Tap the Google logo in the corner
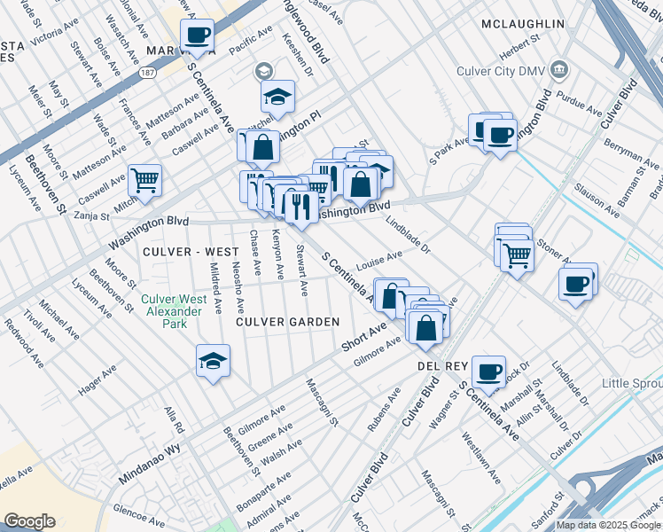coord(29,521)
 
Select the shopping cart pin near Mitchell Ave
coord(144,180)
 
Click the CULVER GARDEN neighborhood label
coord(288,322)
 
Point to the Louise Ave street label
coord(378,261)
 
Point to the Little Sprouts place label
coord(631,383)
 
